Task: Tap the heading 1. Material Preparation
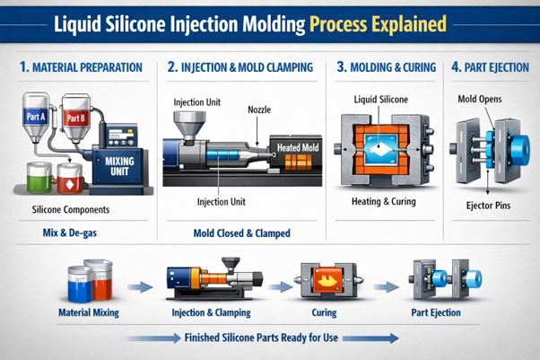(81, 66)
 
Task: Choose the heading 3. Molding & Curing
(386, 66)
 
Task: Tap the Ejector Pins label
(488, 206)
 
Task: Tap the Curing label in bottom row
(324, 312)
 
